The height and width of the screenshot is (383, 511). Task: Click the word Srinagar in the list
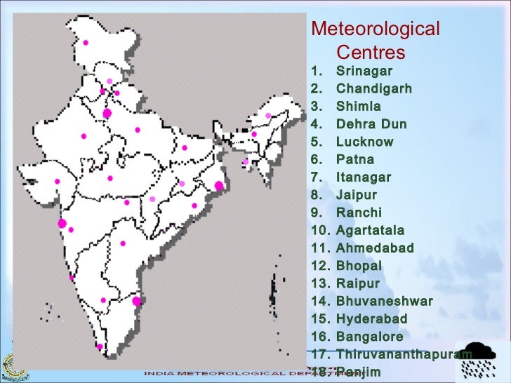point(364,71)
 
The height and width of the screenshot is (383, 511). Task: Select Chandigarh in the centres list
point(373,89)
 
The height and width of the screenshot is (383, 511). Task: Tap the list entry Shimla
point(359,107)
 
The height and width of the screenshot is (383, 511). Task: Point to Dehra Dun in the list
point(371,124)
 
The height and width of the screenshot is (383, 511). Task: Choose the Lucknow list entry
point(364,142)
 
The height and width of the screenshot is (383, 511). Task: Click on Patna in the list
point(355,159)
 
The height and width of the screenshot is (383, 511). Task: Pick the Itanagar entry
point(364,177)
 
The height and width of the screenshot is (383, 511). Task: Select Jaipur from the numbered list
point(357,195)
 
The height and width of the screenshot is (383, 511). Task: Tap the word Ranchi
point(359,213)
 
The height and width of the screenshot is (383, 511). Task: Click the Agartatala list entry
point(370,230)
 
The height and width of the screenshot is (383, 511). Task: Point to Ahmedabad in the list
point(375,248)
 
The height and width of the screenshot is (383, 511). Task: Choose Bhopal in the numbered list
point(359,266)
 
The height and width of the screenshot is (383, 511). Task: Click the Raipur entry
point(357,283)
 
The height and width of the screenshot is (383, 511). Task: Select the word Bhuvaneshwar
point(384,302)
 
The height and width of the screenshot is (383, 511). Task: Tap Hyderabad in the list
point(371,319)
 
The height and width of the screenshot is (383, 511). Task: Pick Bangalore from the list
point(369,337)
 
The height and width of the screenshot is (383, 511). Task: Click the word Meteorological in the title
point(375,29)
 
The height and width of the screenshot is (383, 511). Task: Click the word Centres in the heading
point(371,53)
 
